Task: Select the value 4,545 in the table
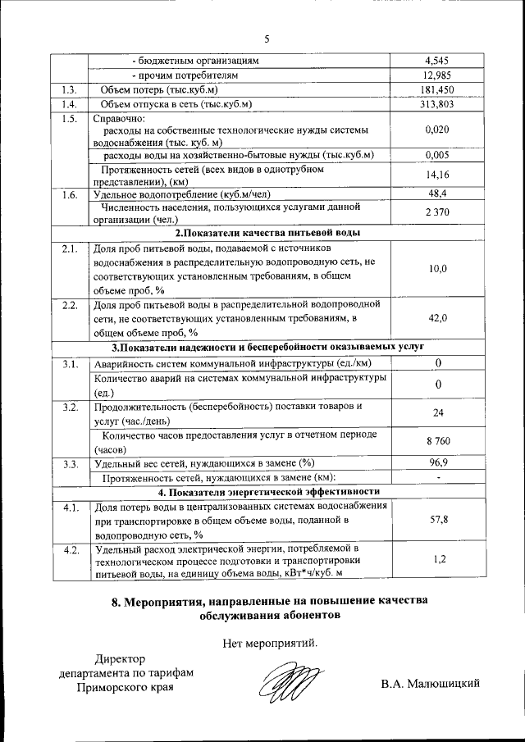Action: pyautogui.click(x=438, y=61)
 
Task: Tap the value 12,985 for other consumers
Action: pyautogui.click(x=438, y=75)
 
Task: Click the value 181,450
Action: pyautogui.click(x=438, y=89)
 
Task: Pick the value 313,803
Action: pyautogui.click(x=438, y=104)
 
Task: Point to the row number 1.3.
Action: pyautogui.click(x=69, y=89)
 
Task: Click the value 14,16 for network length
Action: pyautogui.click(x=438, y=175)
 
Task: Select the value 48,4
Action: pyautogui.click(x=438, y=194)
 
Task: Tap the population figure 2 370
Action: pyautogui.click(x=438, y=213)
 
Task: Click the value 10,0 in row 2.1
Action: pyautogui.click(x=438, y=269)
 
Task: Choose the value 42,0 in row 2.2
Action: pyautogui.click(x=438, y=318)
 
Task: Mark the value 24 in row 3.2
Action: pyautogui.click(x=438, y=413)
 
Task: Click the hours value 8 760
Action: pyautogui.click(x=438, y=442)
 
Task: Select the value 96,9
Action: pyautogui.click(x=438, y=463)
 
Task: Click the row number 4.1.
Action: pyautogui.click(x=70, y=508)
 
